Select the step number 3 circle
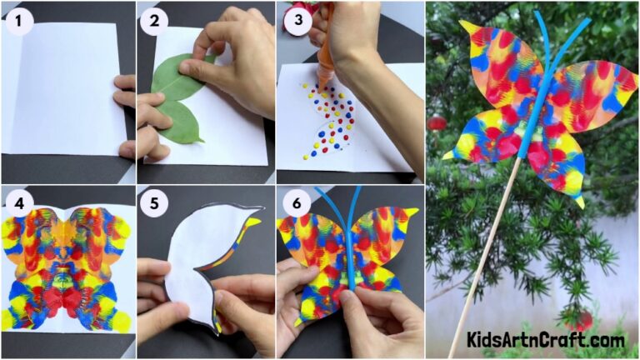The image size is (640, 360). (295, 17)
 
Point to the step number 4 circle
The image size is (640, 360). (17, 202)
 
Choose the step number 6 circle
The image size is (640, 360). (294, 203)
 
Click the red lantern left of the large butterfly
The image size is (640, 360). (438, 124)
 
